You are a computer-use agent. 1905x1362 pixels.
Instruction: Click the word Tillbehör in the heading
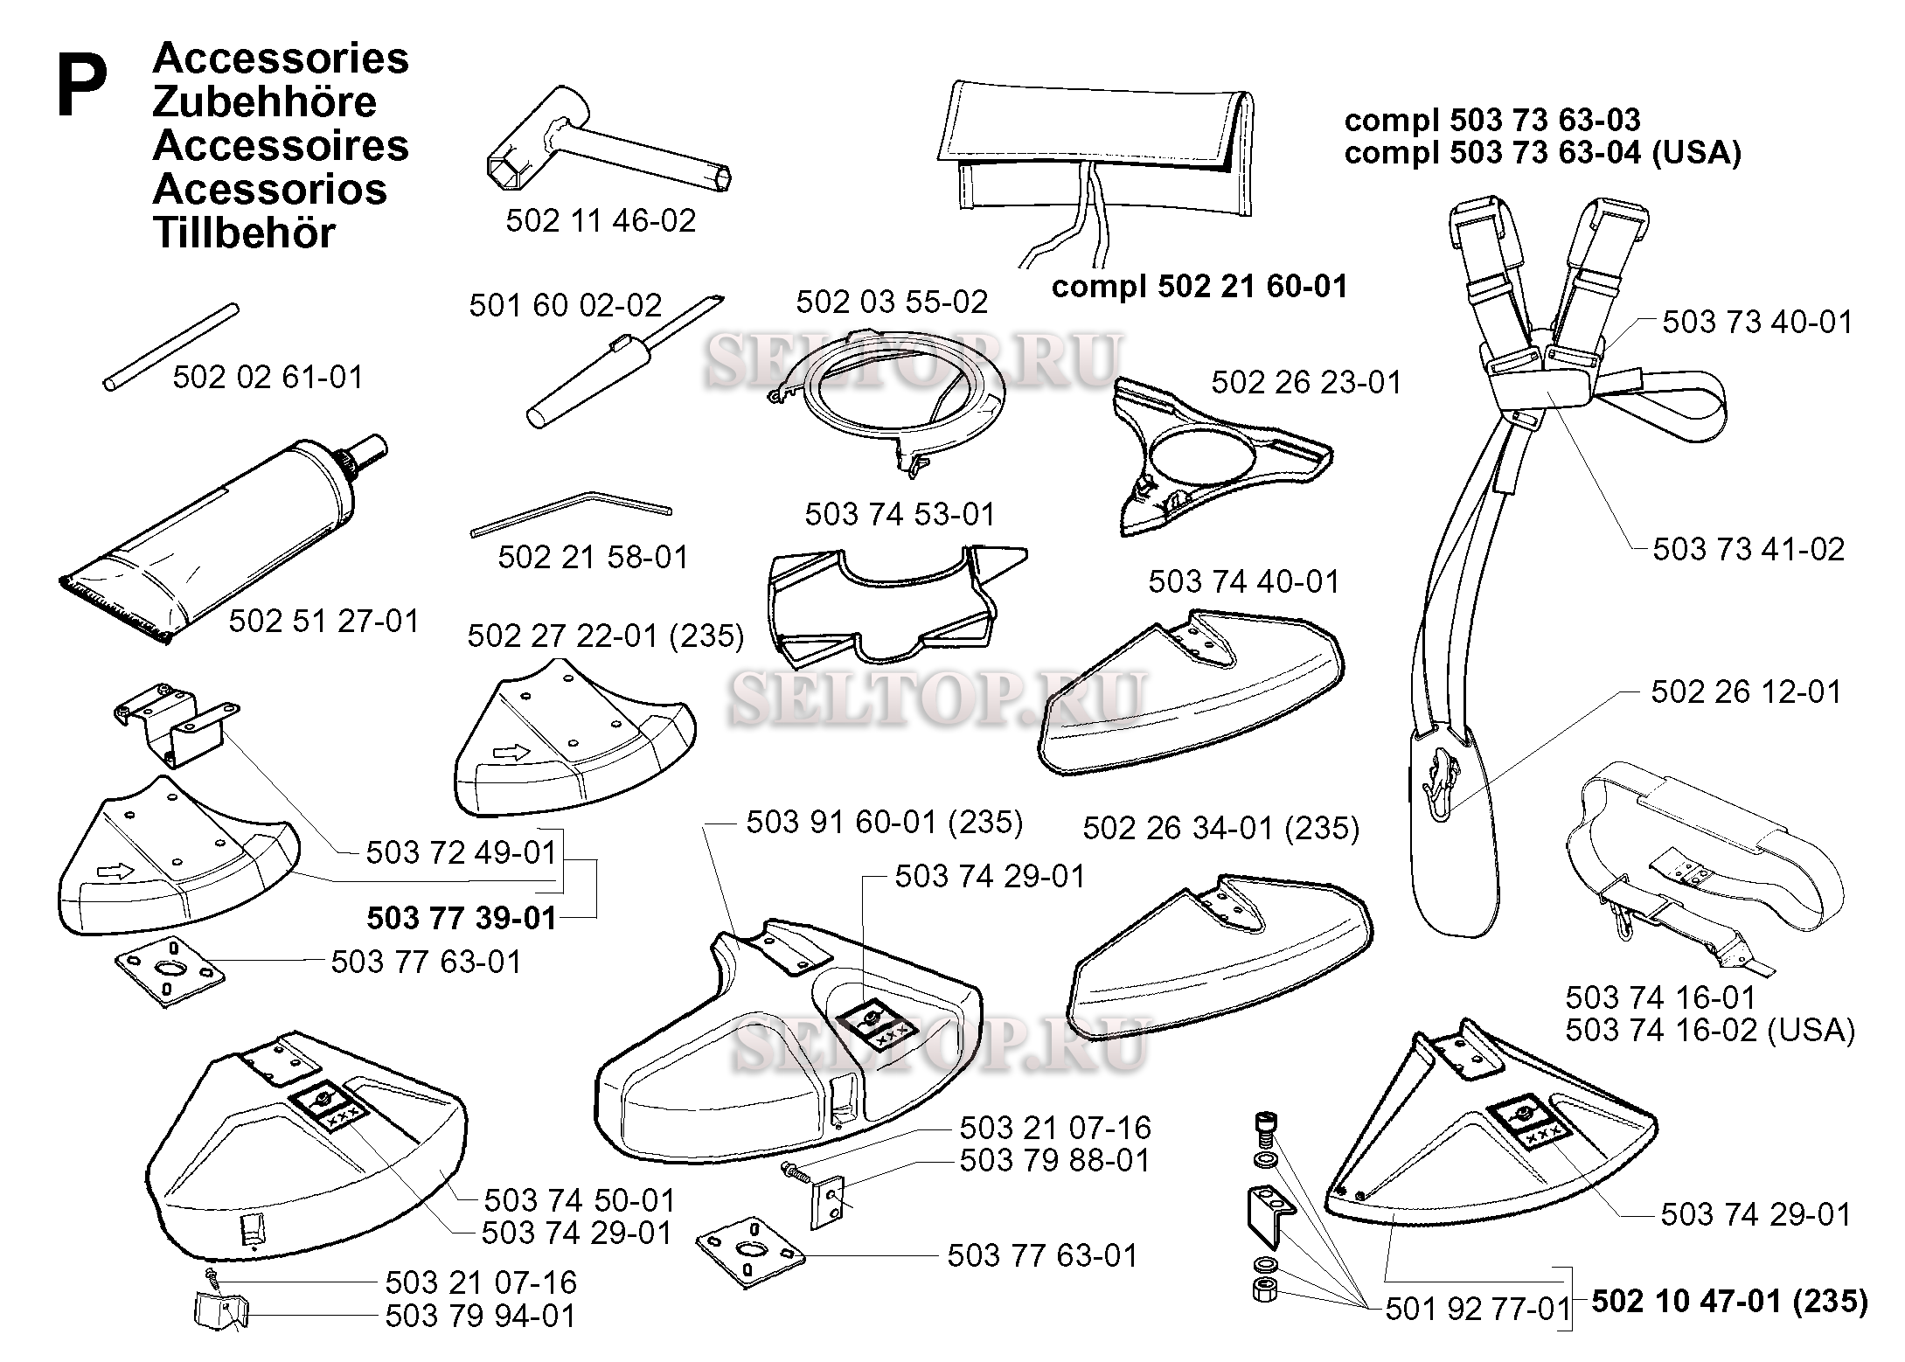pos(244,233)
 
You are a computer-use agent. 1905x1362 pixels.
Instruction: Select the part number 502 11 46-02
pos(601,220)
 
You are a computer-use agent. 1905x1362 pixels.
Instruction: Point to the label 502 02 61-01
pos(268,377)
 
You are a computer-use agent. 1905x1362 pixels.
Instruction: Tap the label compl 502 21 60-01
pos(1199,287)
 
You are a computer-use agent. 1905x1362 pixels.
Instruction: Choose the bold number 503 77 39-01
pos(462,918)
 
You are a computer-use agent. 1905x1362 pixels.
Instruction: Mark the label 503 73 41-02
pos(1749,549)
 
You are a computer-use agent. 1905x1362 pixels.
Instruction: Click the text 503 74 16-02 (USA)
pos(1709,1030)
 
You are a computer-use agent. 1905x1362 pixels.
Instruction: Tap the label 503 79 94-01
pos(481,1316)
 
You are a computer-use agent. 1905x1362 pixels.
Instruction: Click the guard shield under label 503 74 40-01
pos(1192,696)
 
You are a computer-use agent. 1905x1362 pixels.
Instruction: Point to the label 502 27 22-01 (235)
pos(606,636)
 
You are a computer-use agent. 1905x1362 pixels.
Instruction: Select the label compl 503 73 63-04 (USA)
pos(1542,153)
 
